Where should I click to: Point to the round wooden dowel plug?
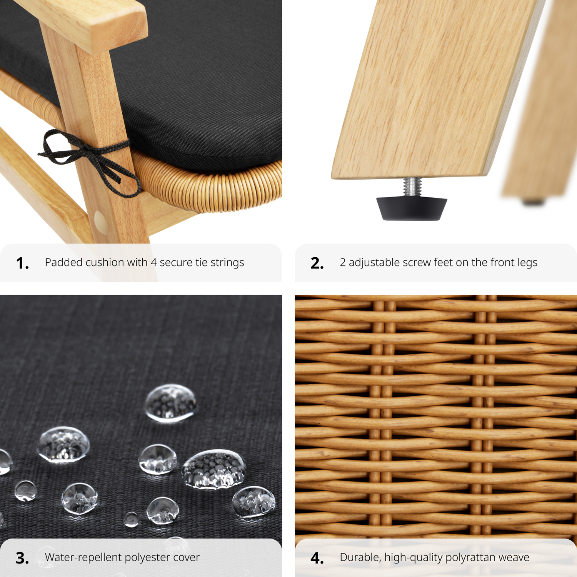coord(101,221)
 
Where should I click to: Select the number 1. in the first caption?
coord(22,263)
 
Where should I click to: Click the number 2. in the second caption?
coord(317,263)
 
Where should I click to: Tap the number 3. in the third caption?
coord(22,558)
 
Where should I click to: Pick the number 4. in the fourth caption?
coord(317,558)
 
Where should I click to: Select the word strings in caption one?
coord(227,263)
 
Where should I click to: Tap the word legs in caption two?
coord(527,263)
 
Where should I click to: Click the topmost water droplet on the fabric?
coord(170,403)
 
